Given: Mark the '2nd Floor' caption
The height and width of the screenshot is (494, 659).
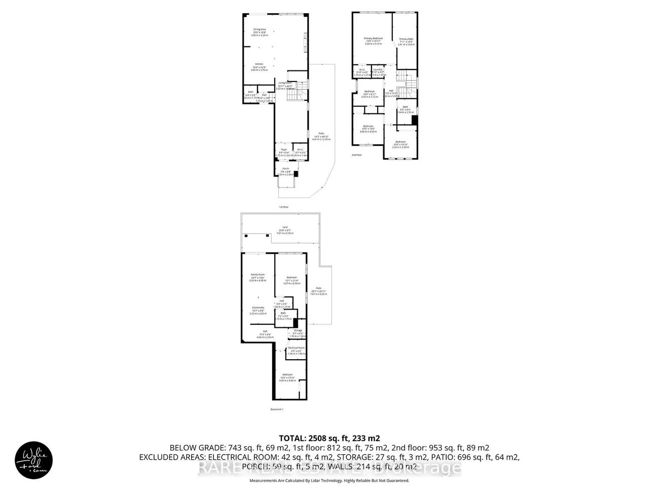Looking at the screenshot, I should click(x=357, y=155).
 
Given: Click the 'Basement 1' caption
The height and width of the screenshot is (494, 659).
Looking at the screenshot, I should click(x=277, y=409).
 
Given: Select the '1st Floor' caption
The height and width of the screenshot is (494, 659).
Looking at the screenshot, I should click(x=283, y=207).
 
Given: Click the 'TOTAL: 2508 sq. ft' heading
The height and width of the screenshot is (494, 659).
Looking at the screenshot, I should click(x=329, y=438).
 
